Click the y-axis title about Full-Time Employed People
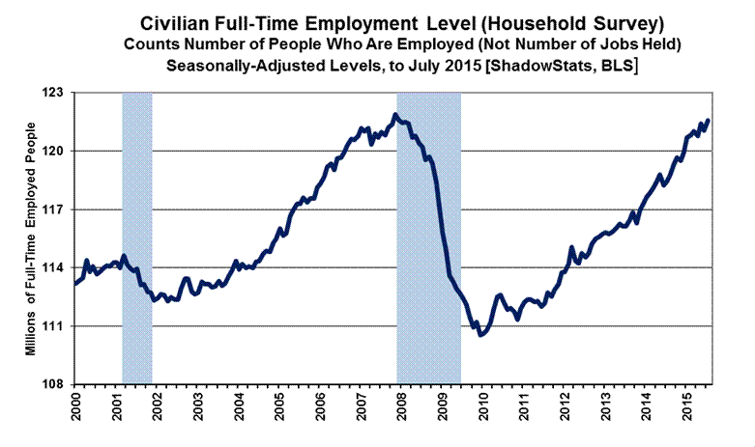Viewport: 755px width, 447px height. [x=31, y=239]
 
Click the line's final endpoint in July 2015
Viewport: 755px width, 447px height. [x=708, y=121]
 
